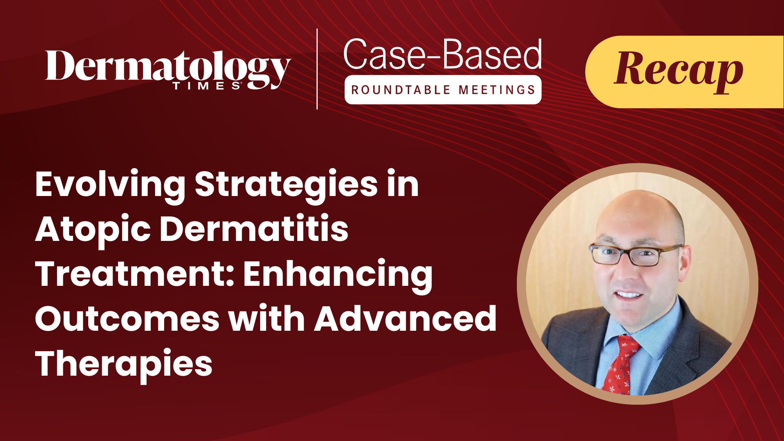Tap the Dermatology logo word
168,67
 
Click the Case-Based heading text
443,55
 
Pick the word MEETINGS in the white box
497,90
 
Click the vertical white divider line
317,69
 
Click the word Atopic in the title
93,230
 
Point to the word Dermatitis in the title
254,229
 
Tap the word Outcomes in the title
127,319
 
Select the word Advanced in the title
405,318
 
